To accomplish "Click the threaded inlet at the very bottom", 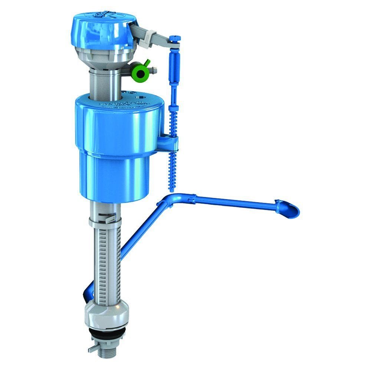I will tap(107, 351).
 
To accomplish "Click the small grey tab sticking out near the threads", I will tap(92, 348).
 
